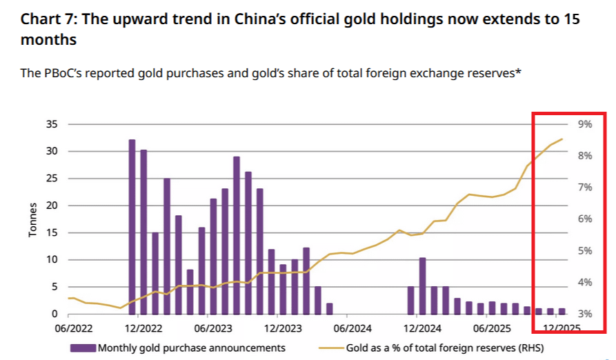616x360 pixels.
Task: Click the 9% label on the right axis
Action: (x=585, y=124)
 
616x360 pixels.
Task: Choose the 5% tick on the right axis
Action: (x=585, y=251)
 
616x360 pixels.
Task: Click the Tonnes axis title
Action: (x=32, y=220)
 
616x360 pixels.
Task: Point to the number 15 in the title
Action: (x=572, y=19)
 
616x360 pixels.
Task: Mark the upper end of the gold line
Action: (x=562, y=139)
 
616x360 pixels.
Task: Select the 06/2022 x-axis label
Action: (x=72, y=328)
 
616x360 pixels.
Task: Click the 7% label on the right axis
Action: (x=585, y=188)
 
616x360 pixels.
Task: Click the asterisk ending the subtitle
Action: (x=517, y=72)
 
